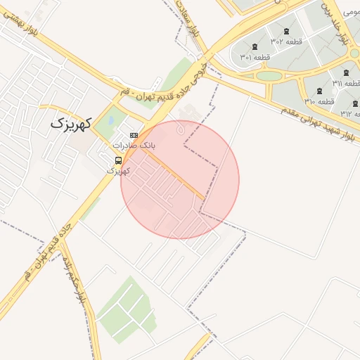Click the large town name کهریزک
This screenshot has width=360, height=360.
[72, 124]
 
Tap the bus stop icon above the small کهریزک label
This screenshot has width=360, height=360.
[117, 160]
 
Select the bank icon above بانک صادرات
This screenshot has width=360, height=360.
[134, 135]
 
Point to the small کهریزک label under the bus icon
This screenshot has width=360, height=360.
[118, 170]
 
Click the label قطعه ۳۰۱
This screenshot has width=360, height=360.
[255, 57]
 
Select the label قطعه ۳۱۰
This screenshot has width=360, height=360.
[319, 101]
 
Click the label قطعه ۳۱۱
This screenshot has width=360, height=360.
[347, 83]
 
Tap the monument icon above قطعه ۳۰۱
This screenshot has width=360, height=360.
[254, 46]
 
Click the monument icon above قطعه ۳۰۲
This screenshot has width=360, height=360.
[285, 31]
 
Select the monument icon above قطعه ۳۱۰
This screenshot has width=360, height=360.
[319, 91]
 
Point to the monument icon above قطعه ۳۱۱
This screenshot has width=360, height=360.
[345, 72]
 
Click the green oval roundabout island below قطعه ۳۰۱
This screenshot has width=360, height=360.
[269, 75]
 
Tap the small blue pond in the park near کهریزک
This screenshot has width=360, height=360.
[110, 121]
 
